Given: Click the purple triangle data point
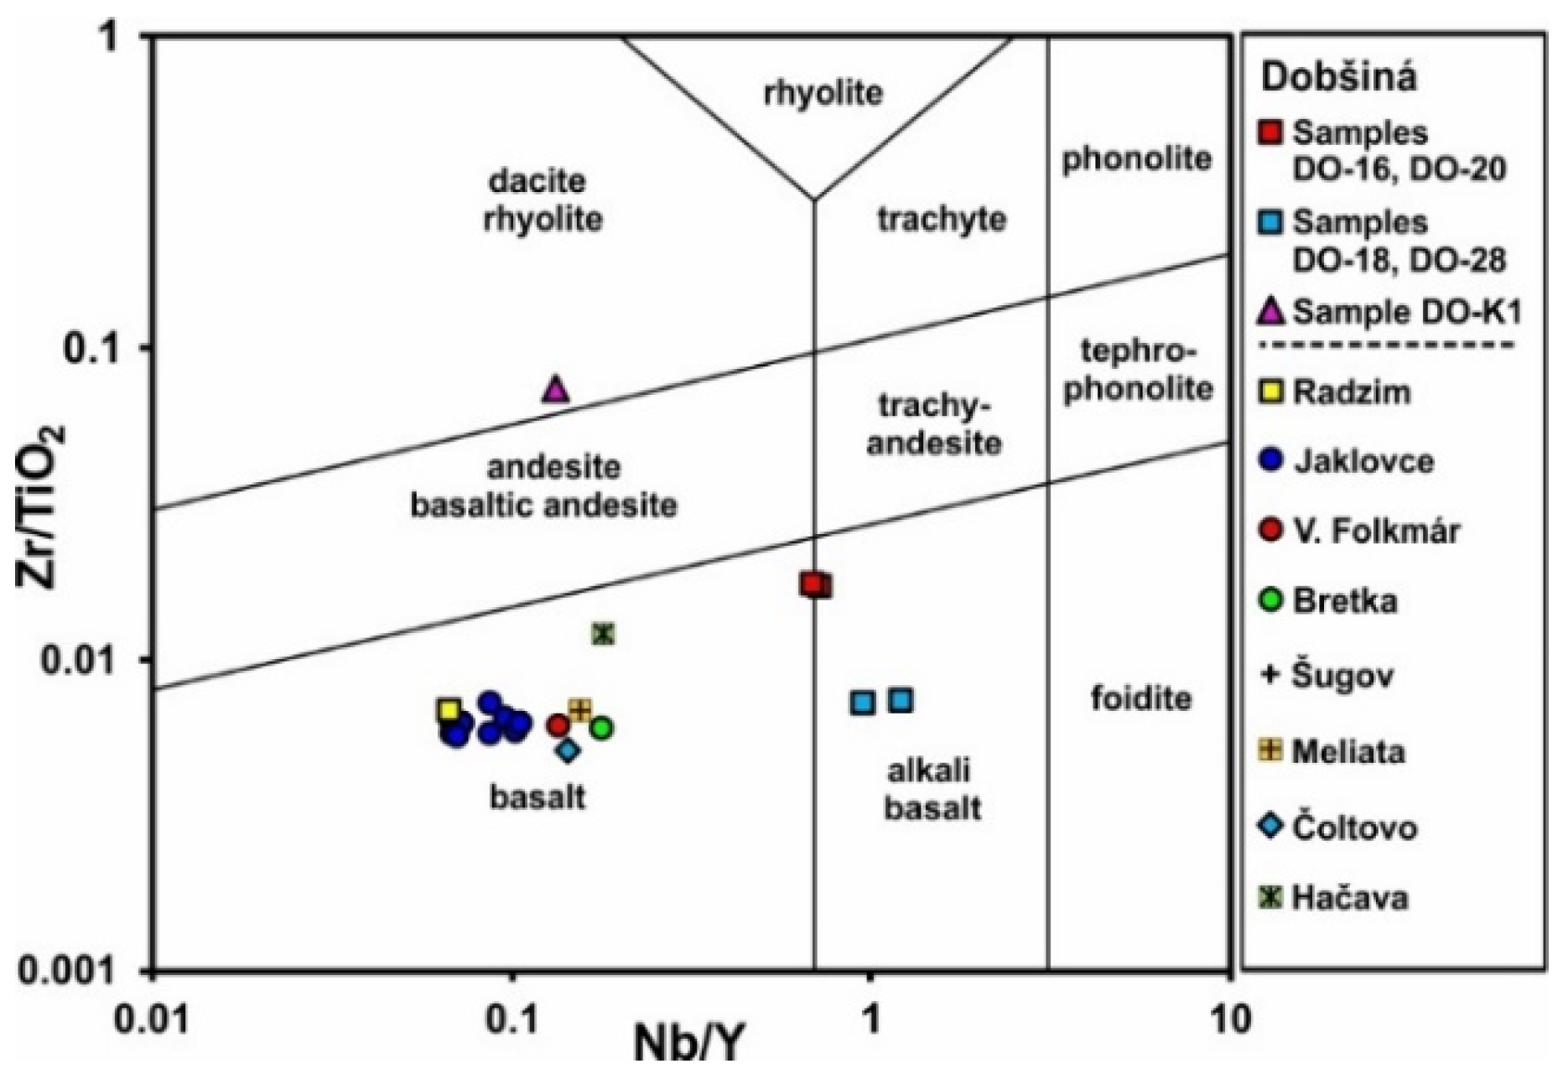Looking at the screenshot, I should [x=555, y=390].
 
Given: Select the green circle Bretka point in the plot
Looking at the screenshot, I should [x=601, y=728].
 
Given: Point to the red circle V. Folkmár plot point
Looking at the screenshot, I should [x=558, y=725].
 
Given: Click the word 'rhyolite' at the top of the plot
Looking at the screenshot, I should [x=823, y=92].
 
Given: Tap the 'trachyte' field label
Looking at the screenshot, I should [x=942, y=219].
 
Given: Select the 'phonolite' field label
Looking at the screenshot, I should [x=1136, y=158].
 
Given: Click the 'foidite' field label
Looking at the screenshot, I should [x=1140, y=698].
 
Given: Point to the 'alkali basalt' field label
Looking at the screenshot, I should [x=932, y=790].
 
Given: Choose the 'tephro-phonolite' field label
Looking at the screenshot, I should [x=1138, y=370].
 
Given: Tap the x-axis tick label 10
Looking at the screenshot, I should [x=1230, y=1021].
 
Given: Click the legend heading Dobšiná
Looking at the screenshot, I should [x=1339, y=77].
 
